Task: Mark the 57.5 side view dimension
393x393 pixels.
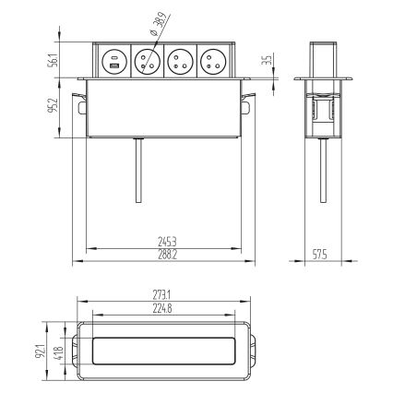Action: (x=319, y=254)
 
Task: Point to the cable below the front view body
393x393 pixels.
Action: (x=137, y=171)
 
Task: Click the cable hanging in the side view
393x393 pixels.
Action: (x=325, y=171)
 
